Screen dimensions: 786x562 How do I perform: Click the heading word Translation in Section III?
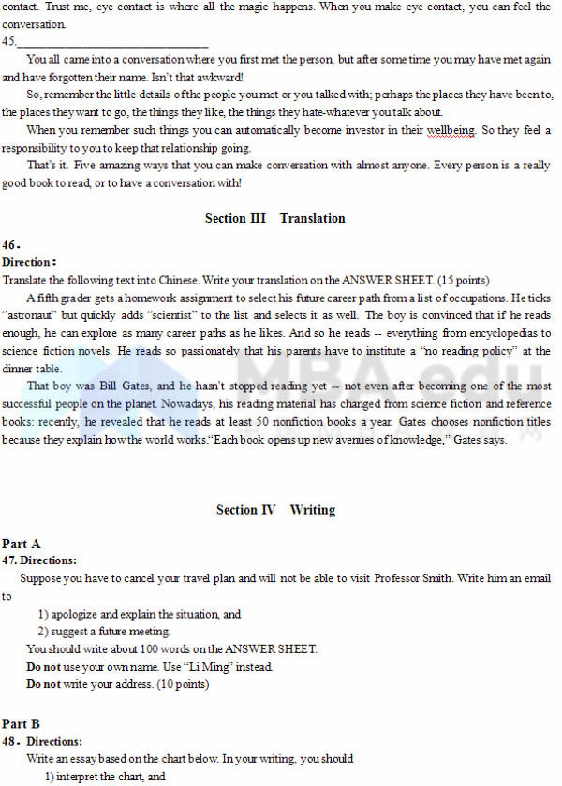pyautogui.click(x=312, y=218)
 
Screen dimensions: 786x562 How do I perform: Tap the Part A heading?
pyautogui.click(x=22, y=544)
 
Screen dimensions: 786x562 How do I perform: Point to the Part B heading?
pyautogui.click(x=22, y=723)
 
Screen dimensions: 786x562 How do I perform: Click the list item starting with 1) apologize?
pyautogui.click(x=140, y=614)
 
